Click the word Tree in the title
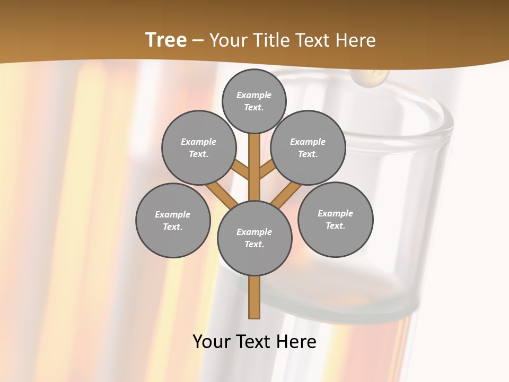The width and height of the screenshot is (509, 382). click(166, 40)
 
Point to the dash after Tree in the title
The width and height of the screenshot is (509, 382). click(198, 41)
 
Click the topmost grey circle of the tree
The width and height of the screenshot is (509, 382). click(254, 101)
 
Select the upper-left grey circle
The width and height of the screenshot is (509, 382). click(198, 147)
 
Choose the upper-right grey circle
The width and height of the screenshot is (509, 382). click(308, 147)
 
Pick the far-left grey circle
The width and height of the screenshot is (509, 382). click(173, 220)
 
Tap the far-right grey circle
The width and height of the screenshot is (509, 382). click(335, 219)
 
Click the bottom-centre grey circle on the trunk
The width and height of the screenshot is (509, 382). click(254, 238)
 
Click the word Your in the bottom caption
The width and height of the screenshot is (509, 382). click(212, 342)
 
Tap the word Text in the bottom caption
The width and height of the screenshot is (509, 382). click(254, 342)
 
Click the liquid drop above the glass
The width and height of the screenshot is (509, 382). click(371, 77)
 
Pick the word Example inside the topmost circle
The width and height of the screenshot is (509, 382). click(254, 95)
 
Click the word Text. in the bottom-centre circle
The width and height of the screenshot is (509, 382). click(254, 244)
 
